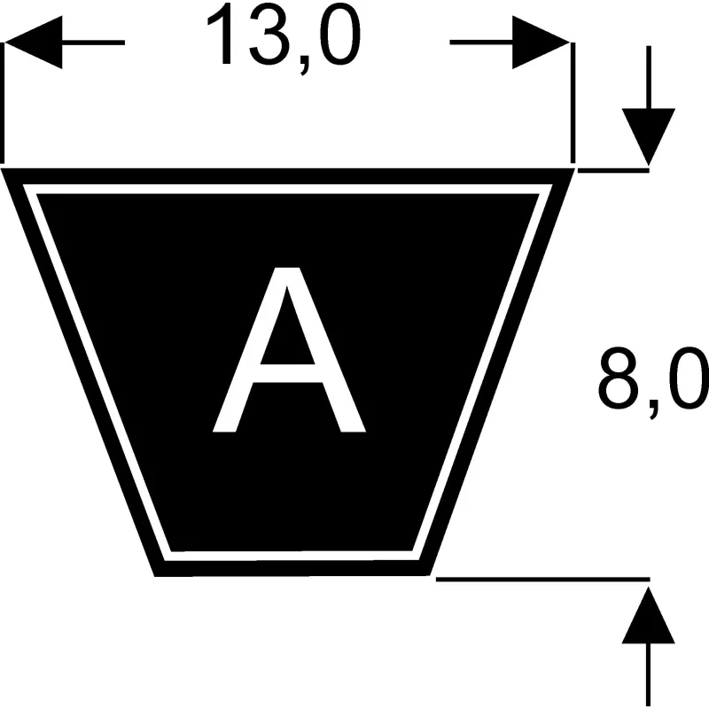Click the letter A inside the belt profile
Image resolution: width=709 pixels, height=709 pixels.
click(289, 349)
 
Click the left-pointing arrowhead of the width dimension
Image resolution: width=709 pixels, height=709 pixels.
click(33, 43)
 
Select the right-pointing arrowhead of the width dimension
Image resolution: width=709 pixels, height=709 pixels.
click(541, 43)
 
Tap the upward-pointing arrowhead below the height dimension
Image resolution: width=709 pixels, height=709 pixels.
click(649, 615)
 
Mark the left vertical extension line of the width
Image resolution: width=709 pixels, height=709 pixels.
click(3, 103)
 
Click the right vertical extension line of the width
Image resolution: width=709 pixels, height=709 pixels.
click(573, 103)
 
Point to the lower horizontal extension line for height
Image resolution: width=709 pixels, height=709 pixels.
click(543, 580)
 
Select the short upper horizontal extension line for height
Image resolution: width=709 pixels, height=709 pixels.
click(613, 170)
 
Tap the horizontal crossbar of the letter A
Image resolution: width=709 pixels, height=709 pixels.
click(287, 373)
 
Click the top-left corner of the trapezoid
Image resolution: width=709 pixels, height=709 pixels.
click(2, 169)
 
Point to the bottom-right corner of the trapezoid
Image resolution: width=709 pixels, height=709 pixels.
click(430, 575)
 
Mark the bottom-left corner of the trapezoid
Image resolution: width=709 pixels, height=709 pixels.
click(155, 576)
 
